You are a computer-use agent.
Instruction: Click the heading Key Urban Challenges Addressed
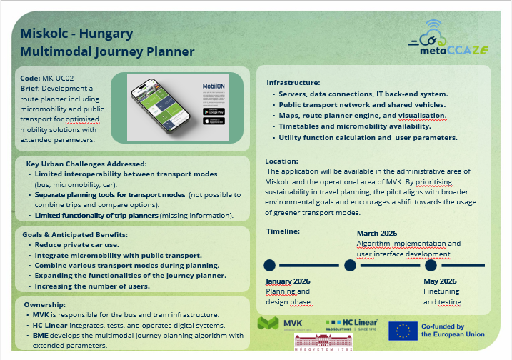86,164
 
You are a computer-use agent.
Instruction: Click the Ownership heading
44,304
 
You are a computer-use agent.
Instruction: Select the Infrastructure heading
294,83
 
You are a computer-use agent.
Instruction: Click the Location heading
281,161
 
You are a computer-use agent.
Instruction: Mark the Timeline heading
283,231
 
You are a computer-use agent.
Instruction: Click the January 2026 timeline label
288,281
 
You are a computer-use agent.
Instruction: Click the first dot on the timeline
270,265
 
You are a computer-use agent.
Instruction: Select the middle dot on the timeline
350,265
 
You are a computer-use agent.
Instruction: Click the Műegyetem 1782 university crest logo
321,342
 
